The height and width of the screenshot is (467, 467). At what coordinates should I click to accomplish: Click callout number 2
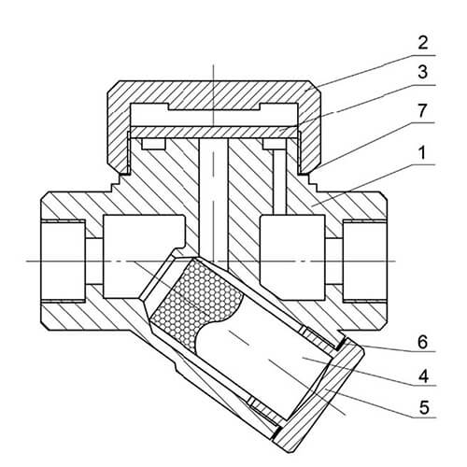click(x=423, y=43)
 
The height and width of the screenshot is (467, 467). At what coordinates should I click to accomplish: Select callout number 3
click(x=423, y=72)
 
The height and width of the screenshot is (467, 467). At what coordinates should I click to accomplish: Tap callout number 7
click(x=422, y=111)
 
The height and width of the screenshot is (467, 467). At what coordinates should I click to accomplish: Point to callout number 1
click(x=422, y=153)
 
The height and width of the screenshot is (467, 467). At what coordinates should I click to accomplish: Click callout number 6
click(x=423, y=342)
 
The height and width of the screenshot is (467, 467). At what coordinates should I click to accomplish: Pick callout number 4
click(x=423, y=376)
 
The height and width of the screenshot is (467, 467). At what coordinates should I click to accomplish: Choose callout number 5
click(x=423, y=407)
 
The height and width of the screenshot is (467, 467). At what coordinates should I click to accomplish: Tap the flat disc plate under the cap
click(x=214, y=132)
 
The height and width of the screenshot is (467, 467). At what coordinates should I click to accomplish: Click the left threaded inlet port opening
click(x=63, y=261)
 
